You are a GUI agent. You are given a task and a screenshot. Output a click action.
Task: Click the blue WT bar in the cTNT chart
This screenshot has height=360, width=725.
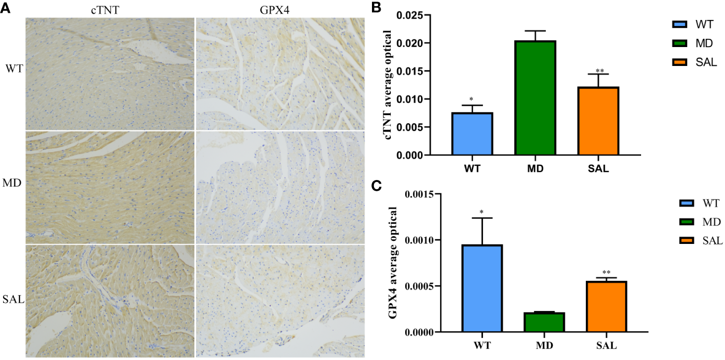coord(472,133)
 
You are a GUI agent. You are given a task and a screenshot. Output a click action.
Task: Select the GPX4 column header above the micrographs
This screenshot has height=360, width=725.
coord(279,9)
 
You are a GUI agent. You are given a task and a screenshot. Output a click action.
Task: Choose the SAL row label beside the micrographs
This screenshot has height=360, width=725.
coord(12,299)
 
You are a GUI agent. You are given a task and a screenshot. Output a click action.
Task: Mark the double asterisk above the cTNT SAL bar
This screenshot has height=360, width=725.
coord(599,71)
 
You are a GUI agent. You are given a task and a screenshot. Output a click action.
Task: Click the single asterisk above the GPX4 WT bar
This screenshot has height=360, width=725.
coord(482,212)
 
